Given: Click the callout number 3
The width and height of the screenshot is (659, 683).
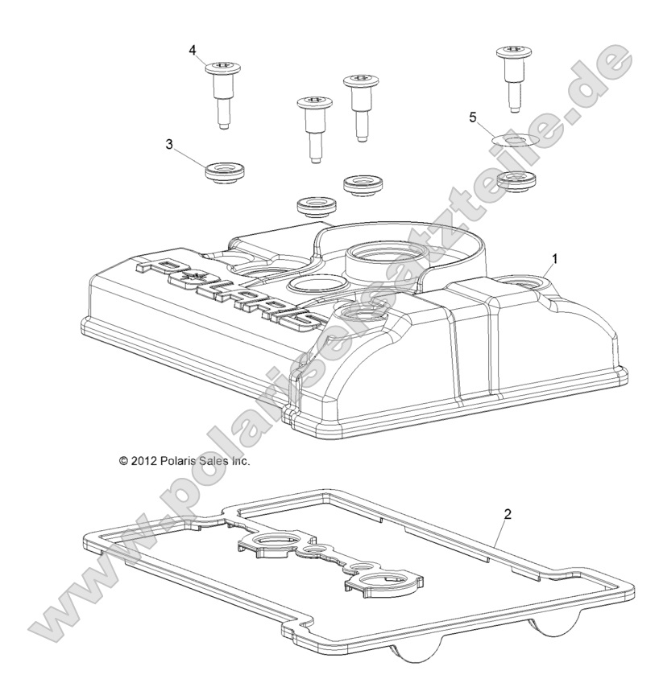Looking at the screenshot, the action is (x=169, y=143).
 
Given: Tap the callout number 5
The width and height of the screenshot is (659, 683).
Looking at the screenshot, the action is (x=473, y=117).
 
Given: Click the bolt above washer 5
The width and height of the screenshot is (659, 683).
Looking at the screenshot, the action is (x=513, y=77).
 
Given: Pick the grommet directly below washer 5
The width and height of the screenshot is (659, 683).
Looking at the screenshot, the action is (x=513, y=180).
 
